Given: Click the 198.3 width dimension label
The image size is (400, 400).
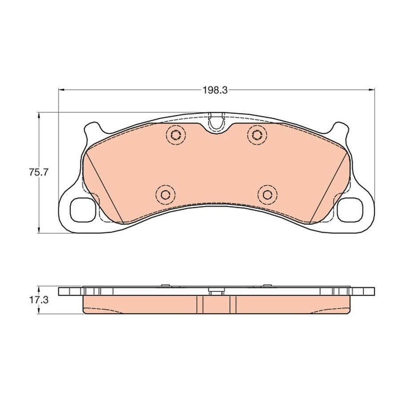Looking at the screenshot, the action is coord(215,90).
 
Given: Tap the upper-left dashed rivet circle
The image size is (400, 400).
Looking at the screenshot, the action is coord(176,135).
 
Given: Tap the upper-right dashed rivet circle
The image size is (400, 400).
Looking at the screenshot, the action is coord(257,135).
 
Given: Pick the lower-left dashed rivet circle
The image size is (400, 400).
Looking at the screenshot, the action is coord(166,195).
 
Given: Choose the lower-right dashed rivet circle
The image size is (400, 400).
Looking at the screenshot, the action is coord(268,195).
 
